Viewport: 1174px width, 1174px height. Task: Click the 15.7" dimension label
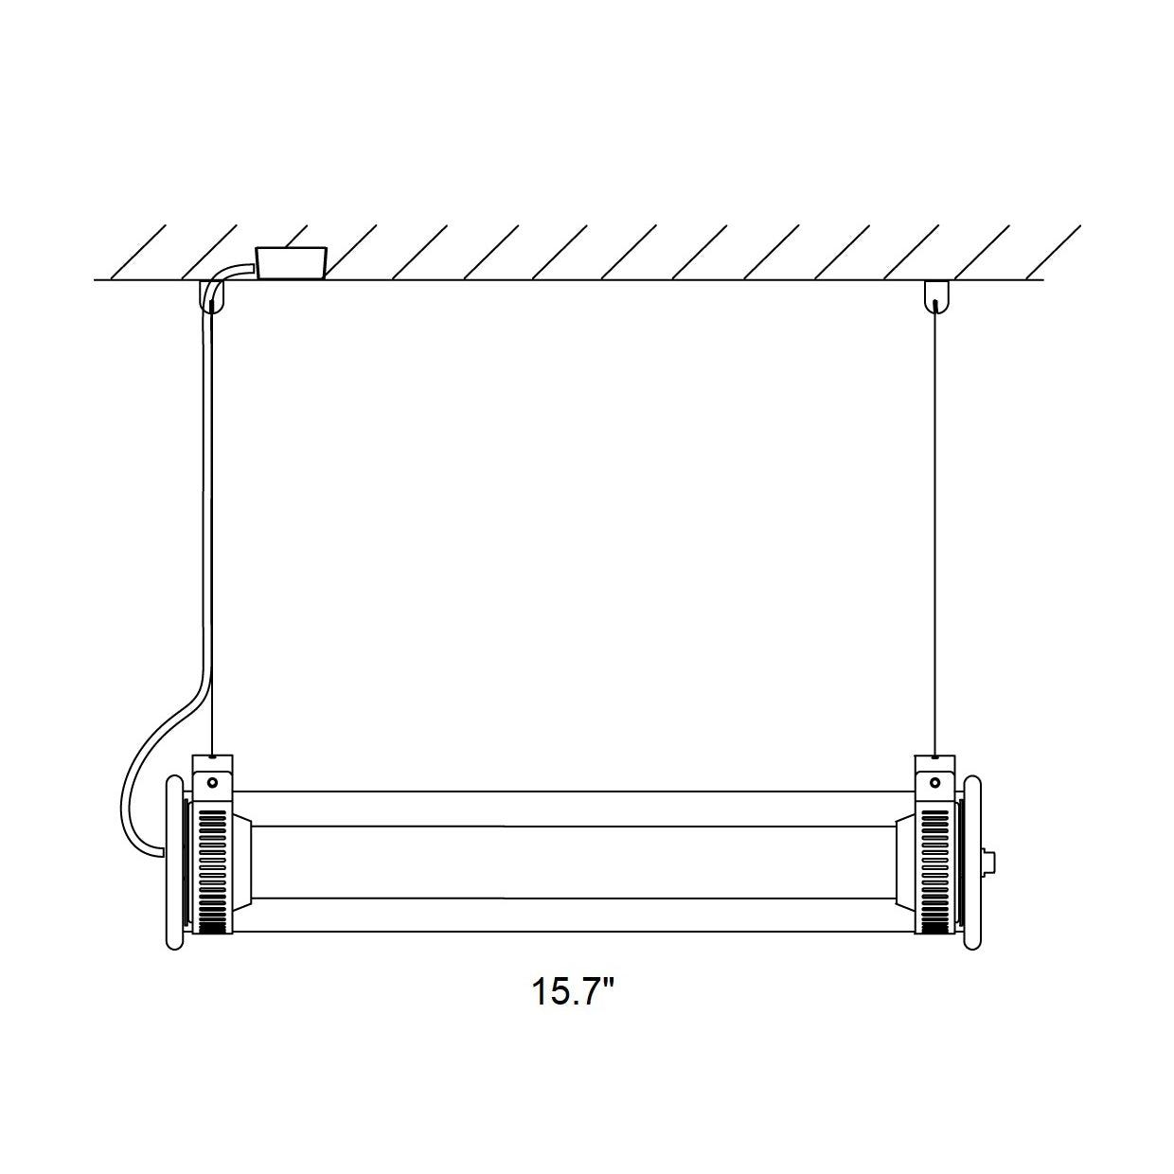click(x=573, y=993)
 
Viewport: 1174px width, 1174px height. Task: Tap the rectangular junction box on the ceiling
click(x=291, y=262)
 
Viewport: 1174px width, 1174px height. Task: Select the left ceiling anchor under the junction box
click(x=212, y=296)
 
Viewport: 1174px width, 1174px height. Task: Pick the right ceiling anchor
click(x=935, y=296)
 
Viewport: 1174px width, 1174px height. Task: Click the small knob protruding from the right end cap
click(x=990, y=862)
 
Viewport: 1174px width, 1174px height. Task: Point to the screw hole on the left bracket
click(x=212, y=783)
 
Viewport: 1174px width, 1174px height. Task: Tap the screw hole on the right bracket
click(x=935, y=783)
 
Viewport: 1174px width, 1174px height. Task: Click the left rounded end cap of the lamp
click(x=174, y=862)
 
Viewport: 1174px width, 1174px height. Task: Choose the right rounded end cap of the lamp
click(x=973, y=862)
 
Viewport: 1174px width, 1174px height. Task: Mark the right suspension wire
click(x=935, y=530)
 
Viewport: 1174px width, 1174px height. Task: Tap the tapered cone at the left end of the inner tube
click(x=241, y=862)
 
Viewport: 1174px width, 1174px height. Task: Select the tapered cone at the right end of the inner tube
click(x=905, y=862)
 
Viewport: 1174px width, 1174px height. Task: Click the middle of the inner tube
click(x=573, y=862)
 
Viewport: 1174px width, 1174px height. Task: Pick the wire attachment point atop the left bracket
click(x=212, y=757)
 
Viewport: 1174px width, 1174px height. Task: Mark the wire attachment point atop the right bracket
click(x=935, y=757)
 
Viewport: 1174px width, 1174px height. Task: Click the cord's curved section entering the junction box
click(x=229, y=275)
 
